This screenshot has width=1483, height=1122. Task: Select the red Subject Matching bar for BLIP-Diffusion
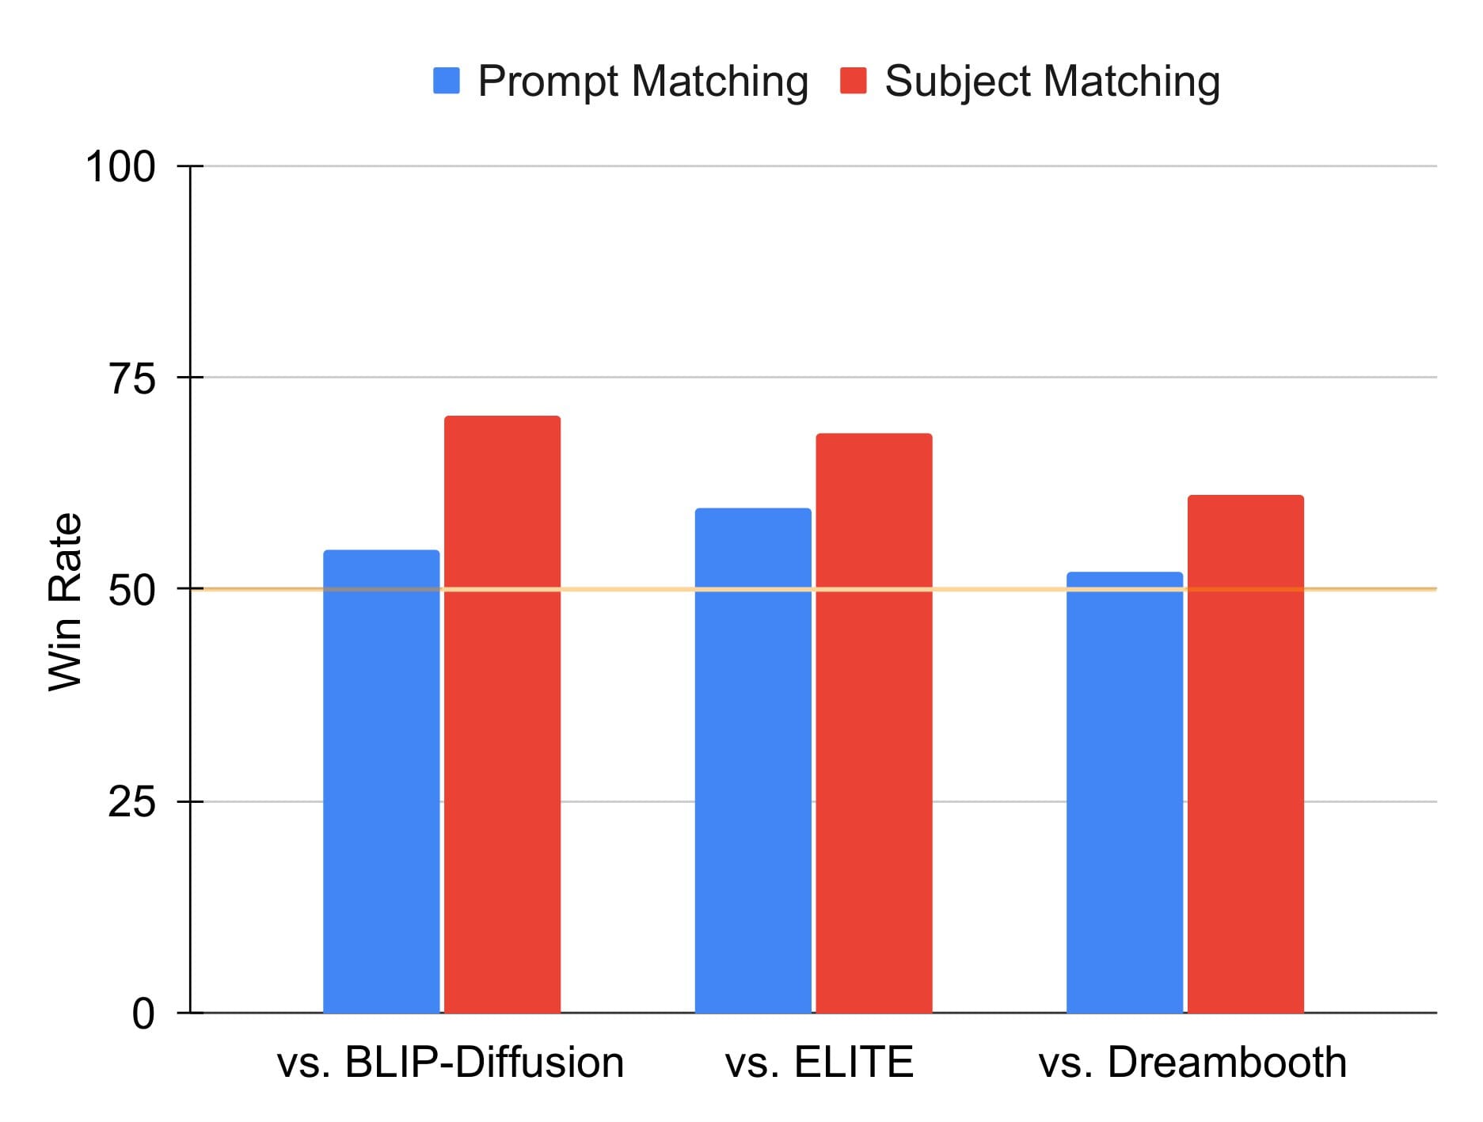[x=502, y=713]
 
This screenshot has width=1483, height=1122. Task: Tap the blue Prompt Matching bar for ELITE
[x=753, y=760]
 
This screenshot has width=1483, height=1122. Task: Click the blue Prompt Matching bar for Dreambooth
[x=1124, y=792]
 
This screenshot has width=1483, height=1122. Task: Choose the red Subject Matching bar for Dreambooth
[x=1245, y=752]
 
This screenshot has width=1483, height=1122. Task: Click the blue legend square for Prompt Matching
[x=447, y=81]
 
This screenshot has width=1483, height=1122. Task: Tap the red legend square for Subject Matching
[x=853, y=81]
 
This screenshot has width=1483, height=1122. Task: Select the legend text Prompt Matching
[x=643, y=82]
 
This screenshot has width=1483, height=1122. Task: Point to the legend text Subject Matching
[x=1052, y=82]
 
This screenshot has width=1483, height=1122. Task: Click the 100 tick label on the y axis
[x=120, y=167]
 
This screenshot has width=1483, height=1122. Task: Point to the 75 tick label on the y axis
[x=131, y=378]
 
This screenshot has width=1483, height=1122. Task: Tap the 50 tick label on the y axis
[x=131, y=590]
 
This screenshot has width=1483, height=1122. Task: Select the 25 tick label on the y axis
[x=131, y=802]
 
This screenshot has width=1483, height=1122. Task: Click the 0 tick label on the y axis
[x=143, y=1014]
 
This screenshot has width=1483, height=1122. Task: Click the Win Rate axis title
[x=65, y=602]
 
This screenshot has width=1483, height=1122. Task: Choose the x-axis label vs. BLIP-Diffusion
[x=450, y=1063]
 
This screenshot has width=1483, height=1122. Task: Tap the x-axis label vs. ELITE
[x=819, y=1063]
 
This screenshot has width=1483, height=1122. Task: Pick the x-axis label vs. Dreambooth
[x=1192, y=1063]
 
